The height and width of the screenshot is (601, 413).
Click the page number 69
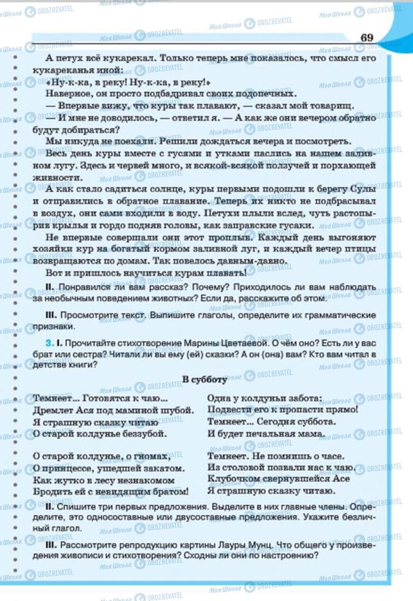367,38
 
